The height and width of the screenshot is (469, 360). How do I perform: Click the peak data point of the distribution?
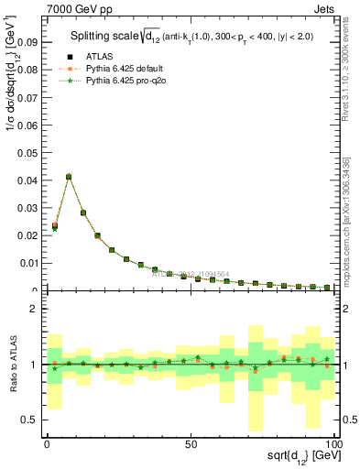click(x=69, y=177)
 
